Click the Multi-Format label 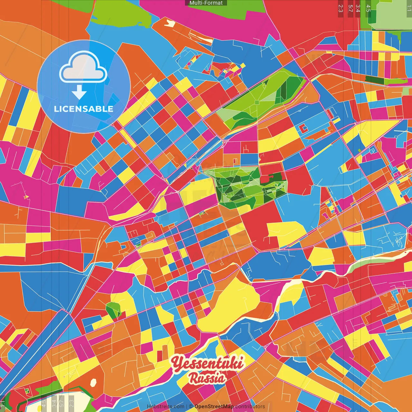tap(206, 3)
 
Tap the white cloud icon tap(83, 68)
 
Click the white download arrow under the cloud tap(79, 92)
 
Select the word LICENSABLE tap(84, 109)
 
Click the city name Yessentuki tap(207, 363)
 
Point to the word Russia tap(207, 378)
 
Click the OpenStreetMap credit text tap(214, 407)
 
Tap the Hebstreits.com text tap(165, 407)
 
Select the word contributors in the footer tap(250, 407)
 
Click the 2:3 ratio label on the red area tap(341, 8)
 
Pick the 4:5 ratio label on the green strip tap(368, 8)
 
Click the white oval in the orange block tap(94, 383)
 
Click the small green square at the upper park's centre tap(257, 102)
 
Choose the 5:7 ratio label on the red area tap(350, 8)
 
